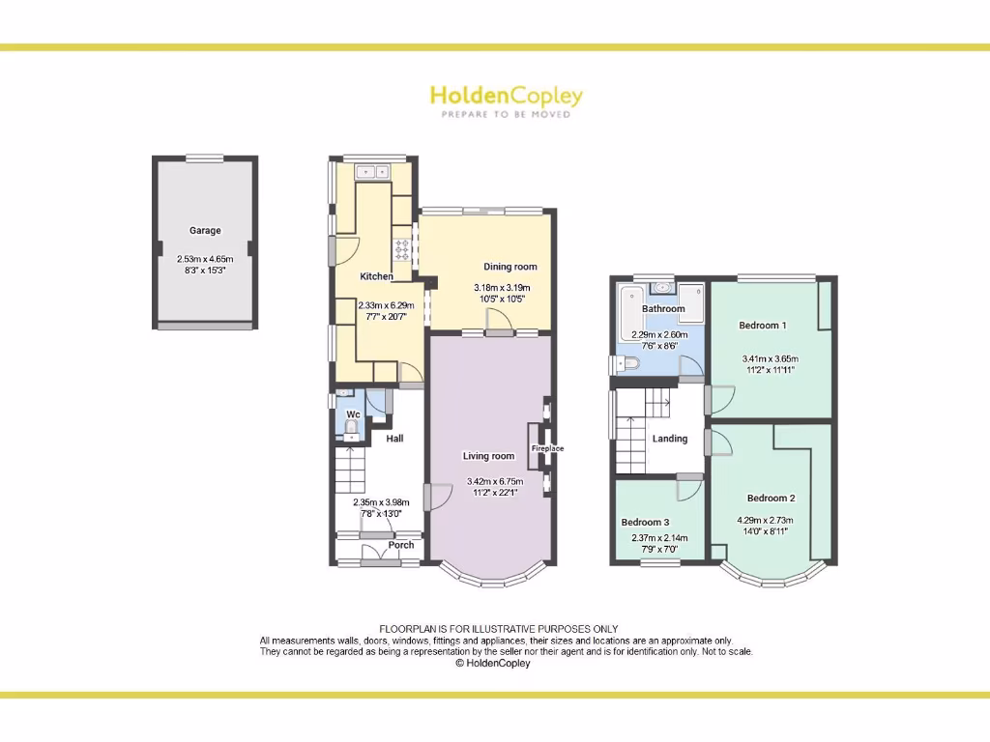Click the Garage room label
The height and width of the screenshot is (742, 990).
coord(205,231)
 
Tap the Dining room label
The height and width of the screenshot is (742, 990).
coord(510,267)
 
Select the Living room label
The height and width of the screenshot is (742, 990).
coord(488,456)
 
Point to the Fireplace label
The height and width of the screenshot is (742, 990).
coord(547,448)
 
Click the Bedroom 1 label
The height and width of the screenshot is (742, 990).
coord(763,326)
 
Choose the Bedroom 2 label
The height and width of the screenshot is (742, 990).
coord(771,499)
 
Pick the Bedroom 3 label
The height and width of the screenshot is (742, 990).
coord(645,523)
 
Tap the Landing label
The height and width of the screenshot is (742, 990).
coord(669,439)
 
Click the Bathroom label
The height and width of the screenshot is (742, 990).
coord(663,309)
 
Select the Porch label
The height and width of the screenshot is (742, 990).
coord(401,545)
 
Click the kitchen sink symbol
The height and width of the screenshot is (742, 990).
coord(372,173)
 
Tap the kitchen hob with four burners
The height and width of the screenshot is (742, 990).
coord(402,250)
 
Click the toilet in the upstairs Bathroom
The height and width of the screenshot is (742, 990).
coord(626,364)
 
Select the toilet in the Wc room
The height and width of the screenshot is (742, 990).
coord(352,426)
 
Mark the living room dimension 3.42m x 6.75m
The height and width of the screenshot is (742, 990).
coord(494,481)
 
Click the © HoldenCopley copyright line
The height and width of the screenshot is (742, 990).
coord(493,664)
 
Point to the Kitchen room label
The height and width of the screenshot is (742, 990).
coord(376,276)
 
